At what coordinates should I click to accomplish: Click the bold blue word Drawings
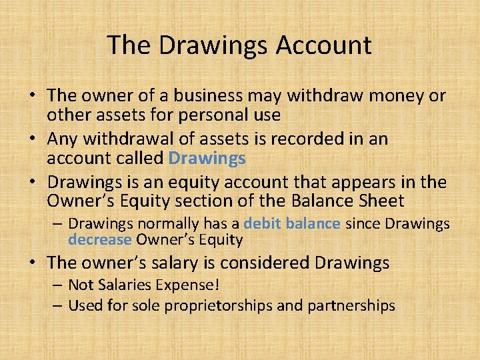tap(207, 158)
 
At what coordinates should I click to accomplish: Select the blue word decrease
tap(100, 239)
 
